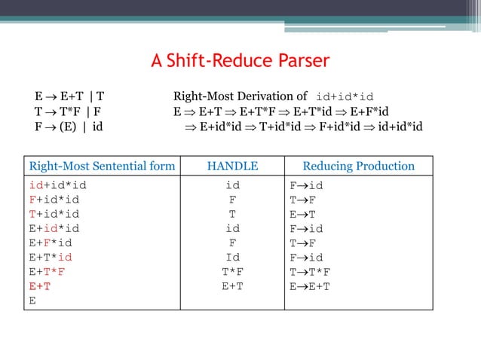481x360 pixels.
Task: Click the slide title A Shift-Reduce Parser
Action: click(x=240, y=61)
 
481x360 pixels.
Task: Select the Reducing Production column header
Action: click(x=358, y=166)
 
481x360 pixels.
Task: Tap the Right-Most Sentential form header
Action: click(x=102, y=166)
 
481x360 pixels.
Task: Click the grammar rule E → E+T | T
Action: click(x=69, y=96)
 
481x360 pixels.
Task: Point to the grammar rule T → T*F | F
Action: click(x=69, y=111)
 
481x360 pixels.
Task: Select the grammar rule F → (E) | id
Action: click(x=69, y=126)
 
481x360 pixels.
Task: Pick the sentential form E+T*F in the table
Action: click(x=47, y=271)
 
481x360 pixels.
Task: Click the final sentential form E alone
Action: click(x=32, y=300)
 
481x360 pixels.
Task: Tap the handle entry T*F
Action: click(x=232, y=271)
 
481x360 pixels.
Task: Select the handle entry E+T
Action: click(x=232, y=285)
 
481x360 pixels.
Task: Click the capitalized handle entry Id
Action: click(x=232, y=257)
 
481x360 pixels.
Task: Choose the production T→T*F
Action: click(x=310, y=271)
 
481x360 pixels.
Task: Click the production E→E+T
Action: click(x=310, y=285)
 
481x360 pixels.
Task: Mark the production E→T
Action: click(x=302, y=214)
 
